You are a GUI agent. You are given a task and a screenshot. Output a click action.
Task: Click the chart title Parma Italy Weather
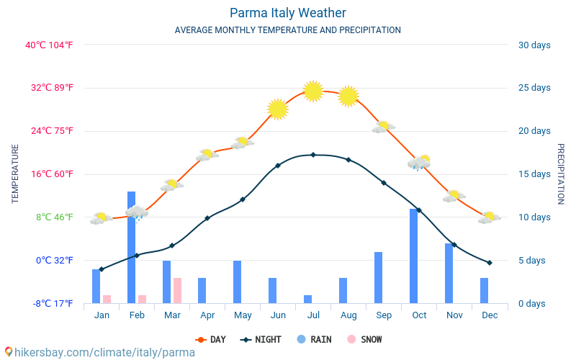click(288, 13)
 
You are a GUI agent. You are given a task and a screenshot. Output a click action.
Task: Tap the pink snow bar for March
click(177, 290)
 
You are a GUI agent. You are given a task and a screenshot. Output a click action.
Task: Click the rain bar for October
click(414, 256)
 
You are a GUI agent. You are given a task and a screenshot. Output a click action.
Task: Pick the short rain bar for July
click(308, 299)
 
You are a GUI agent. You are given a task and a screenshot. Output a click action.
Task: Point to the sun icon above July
click(313, 91)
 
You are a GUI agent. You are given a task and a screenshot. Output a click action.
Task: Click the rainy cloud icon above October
click(419, 163)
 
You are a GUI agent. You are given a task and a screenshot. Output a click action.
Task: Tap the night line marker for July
click(313, 155)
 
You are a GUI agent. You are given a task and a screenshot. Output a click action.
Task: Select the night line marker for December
click(490, 263)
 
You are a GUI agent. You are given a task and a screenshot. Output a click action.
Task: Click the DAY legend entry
click(210, 340)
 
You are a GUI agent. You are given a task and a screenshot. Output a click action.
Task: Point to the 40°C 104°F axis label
click(49, 45)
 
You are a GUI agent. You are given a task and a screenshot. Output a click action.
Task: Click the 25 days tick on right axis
click(534, 88)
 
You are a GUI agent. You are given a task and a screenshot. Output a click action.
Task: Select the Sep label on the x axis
click(384, 315)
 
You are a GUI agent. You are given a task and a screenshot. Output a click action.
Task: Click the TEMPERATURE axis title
click(15, 174)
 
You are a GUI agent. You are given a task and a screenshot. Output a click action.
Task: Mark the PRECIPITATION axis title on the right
click(561, 174)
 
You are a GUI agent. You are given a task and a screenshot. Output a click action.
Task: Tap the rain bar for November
click(449, 273)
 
